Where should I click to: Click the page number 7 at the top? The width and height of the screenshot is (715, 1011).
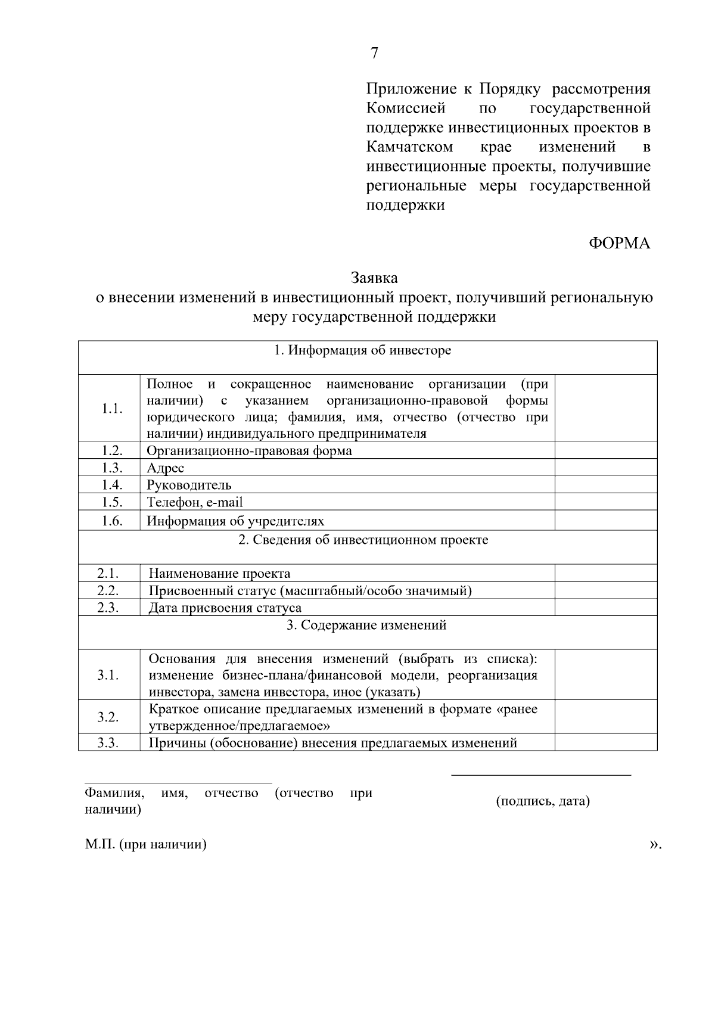374,54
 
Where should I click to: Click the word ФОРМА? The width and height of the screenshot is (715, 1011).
620,244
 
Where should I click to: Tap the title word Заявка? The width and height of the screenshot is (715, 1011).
374,278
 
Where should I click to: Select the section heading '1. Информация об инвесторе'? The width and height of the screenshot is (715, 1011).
362,350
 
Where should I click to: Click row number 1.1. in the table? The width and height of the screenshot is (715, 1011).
111,409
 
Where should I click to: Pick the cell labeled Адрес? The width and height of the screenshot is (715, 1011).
166,468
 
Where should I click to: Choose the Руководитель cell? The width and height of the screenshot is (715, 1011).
189,486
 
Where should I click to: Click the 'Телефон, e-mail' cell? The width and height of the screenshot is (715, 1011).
195,503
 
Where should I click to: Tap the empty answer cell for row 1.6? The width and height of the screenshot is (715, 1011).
605,521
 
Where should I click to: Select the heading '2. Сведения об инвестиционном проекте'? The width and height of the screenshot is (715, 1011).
363,540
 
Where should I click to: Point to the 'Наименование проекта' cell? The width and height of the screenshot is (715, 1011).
219,574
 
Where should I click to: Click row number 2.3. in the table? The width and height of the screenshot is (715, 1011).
108,608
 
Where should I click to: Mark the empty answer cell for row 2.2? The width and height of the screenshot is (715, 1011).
605,591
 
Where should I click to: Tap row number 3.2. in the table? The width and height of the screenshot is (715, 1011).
108,717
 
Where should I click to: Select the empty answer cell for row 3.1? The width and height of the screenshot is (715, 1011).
605,675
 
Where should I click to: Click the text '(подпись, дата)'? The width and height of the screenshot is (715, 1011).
543,801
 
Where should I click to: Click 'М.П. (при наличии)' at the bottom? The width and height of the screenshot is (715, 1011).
146,845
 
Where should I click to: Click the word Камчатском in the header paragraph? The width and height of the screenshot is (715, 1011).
409,147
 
